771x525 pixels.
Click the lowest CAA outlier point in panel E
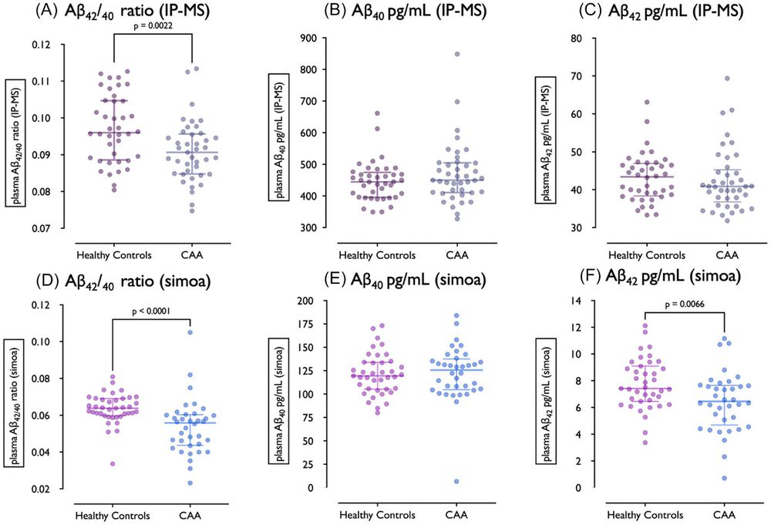[x=456, y=481]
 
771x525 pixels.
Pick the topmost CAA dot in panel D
[x=189, y=332]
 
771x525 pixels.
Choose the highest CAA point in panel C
[x=725, y=78]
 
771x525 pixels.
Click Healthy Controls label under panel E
[x=378, y=513]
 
